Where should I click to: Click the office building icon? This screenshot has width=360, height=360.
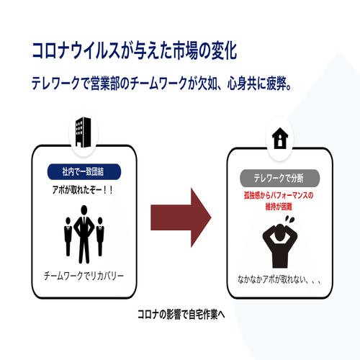coord(83,132)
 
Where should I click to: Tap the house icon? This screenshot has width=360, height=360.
coord(280,138)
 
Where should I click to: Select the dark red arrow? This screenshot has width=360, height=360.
coord(181,217)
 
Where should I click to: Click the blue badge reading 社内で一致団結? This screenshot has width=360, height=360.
coord(84,171)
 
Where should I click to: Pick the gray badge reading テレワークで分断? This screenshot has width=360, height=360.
coord(280,178)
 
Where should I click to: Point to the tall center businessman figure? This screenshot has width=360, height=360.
coord(84,234)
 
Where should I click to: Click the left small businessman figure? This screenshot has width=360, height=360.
coord(68,236)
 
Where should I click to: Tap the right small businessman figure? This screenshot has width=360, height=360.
coord(100,236)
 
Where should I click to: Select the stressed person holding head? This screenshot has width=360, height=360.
coord(280,246)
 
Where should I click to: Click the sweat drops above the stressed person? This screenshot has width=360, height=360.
coord(289,219)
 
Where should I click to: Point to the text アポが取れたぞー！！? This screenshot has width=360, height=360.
coord(83,190)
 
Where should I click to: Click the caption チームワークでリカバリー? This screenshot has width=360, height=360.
coord(84,276)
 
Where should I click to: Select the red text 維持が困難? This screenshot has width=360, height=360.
coord(279,207)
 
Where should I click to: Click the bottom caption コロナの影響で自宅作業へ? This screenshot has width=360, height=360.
coord(181,315)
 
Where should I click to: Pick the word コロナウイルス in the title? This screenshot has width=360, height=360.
coord(76,50)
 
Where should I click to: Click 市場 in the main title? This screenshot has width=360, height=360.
coord(184,50)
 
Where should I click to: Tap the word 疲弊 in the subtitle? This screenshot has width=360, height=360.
coord(276,84)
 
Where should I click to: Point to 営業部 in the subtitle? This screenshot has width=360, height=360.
coord(105,84)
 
